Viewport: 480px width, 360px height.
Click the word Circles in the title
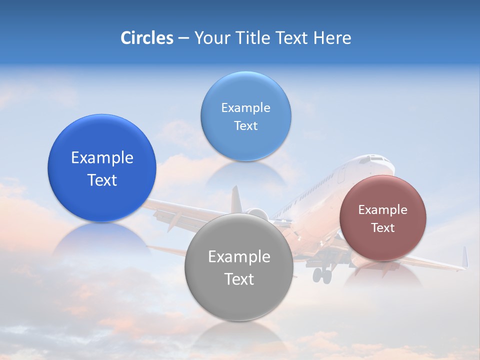[x=147, y=38]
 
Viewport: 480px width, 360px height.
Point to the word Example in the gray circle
[x=239, y=257]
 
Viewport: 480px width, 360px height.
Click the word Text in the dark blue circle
[x=102, y=180]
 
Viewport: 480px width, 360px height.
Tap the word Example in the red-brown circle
[x=383, y=210]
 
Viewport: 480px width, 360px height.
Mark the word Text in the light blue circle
[x=245, y=125]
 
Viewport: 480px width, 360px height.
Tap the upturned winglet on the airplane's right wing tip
[x=465, y=257]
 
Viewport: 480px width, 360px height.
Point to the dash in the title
[x=183, y=38]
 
